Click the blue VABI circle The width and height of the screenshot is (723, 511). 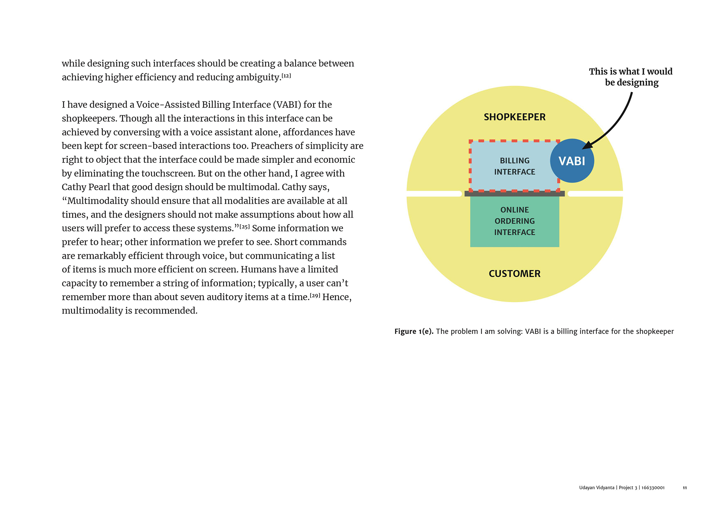[572, 161]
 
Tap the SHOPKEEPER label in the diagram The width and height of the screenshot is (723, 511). [514, 117]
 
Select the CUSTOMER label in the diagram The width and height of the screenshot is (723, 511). [514, 274]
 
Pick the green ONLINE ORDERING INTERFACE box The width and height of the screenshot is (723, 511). [514, 221]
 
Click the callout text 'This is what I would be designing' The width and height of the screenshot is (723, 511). [631, 77]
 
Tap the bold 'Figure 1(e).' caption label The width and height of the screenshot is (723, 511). [414, 331]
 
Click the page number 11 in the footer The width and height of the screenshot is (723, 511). [685, 488]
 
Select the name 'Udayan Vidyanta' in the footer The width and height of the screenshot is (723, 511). [596, 488]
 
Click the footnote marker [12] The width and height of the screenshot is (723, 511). [286, 76]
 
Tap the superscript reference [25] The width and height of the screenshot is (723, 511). [245, 227]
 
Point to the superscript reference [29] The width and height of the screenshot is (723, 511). [315, 295]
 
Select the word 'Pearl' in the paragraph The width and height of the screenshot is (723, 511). [98, 187]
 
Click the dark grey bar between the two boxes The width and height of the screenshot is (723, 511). [514, 194]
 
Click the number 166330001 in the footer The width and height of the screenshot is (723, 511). [653, 488]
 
